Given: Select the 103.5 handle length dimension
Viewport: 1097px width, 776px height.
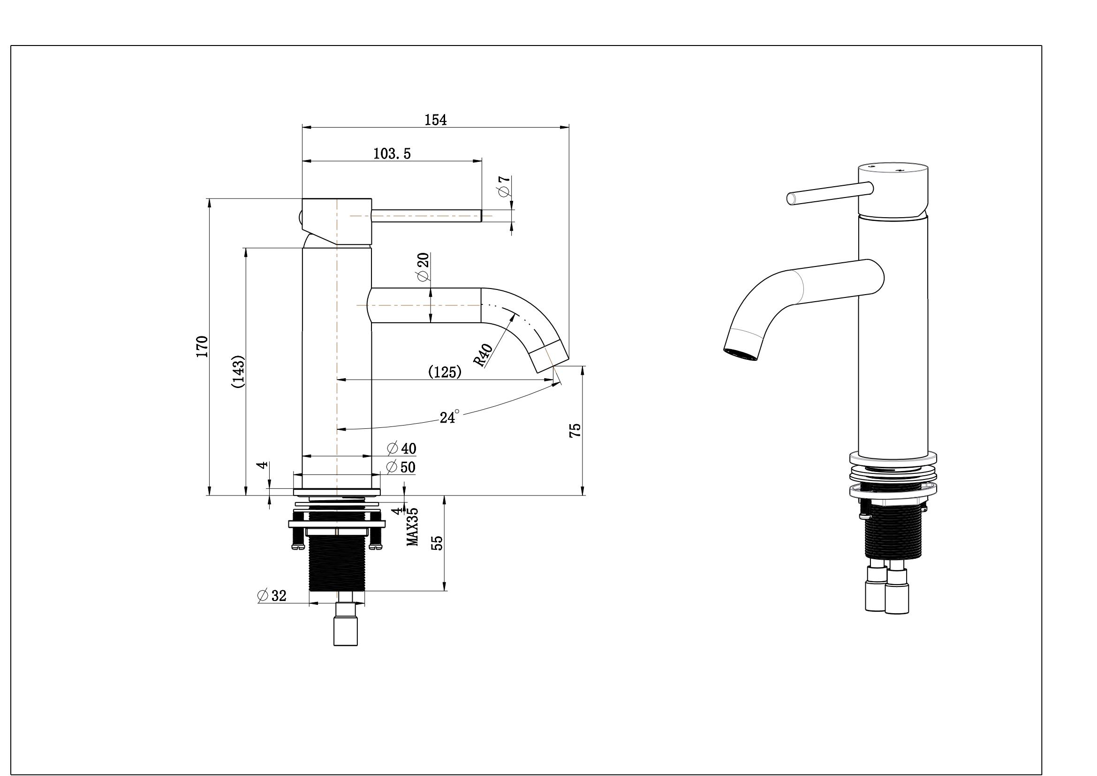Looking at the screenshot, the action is [392, 154].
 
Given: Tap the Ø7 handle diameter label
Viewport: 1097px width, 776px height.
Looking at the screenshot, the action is [504, 186].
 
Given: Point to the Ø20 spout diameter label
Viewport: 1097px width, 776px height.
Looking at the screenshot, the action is [423, 267].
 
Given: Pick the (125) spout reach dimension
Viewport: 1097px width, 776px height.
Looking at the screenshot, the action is [445, 371].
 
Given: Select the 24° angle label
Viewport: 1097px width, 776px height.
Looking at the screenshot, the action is [450, 417].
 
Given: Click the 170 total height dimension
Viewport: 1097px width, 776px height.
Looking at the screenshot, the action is [202, 347].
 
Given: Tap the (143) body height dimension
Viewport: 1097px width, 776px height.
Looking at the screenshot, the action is [238, 371].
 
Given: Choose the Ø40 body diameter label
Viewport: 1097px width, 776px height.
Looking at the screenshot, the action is [401, 449].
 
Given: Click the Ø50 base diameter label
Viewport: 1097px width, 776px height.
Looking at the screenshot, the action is [401, 467].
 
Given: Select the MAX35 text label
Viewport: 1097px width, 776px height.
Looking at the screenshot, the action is [412, 526].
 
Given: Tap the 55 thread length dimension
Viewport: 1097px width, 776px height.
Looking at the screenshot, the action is [437, 543].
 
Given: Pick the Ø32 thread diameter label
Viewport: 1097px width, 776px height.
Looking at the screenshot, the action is [272, 596].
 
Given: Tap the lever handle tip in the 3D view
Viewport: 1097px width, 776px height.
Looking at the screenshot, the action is [791, 198].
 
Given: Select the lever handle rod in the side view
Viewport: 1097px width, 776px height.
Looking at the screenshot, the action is [427, 216].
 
